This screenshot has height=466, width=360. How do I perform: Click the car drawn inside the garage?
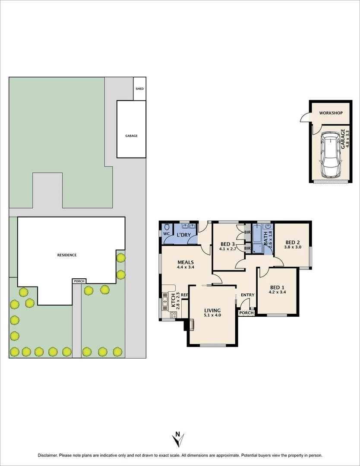pos(330,155)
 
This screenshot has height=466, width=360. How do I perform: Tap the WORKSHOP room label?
pos(331,113)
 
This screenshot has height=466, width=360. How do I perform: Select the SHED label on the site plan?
pos(139,89)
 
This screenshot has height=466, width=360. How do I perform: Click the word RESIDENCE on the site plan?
pos(67,255)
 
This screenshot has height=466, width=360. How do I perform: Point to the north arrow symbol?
pos(177,439)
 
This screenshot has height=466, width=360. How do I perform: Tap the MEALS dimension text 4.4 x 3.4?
pos(185,268)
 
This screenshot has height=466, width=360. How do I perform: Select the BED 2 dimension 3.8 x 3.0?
pos(292,247)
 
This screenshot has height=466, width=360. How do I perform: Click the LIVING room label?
pos(212,310)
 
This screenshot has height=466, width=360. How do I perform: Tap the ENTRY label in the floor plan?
pos(248,295)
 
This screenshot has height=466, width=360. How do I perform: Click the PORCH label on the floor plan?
pos(246,313)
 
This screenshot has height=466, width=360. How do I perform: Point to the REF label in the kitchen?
pos(184,295)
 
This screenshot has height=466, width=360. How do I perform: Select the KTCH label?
pos(174,298)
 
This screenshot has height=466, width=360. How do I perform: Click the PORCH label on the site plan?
pos(79,281)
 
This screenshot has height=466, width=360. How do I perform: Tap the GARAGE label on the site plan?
pos(131,135)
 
